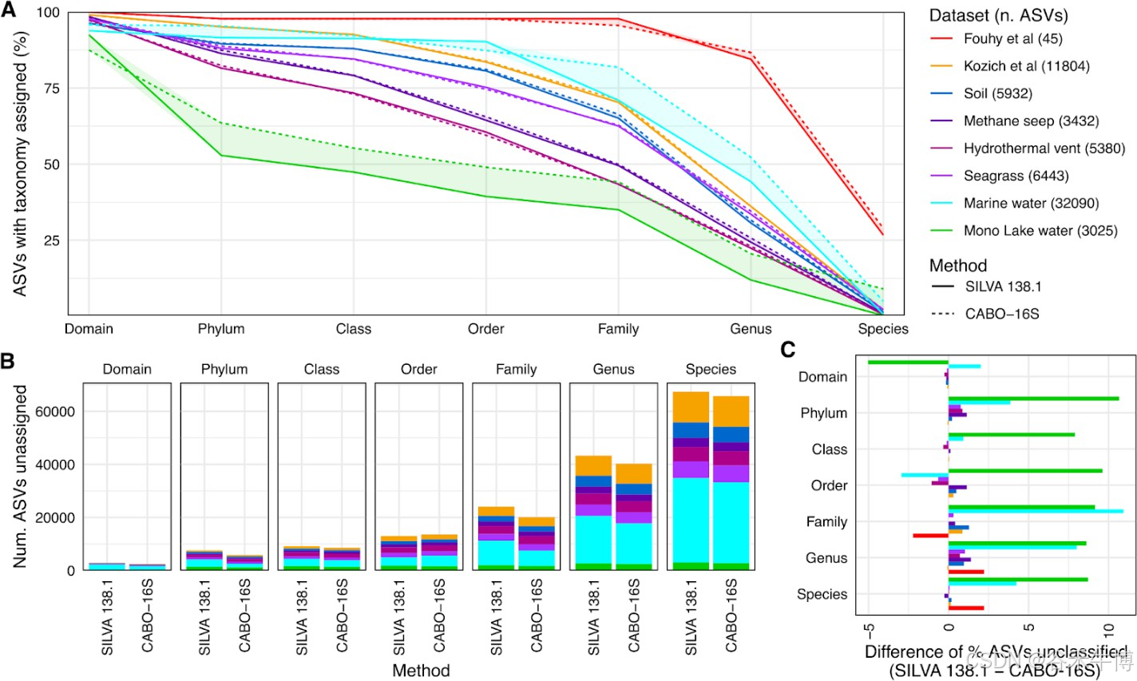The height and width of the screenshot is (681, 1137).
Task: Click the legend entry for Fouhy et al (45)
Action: [x=1012, y=38]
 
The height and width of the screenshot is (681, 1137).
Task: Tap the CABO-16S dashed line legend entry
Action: [x=1002, y=314]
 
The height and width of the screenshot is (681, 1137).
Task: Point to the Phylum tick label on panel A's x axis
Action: [x=221, y=329]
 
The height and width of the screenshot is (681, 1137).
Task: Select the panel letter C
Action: [x=787, y=349]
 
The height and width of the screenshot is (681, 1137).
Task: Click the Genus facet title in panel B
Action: [x=613, y=369]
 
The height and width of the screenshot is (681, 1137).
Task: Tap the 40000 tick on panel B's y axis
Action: [x=54, y=465]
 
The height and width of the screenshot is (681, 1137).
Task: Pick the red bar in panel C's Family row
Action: [x=930, y=536]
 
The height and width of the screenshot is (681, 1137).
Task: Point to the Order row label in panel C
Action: [x=829, y=485]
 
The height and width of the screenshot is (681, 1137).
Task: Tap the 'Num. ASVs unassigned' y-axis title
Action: [x=20, y=476]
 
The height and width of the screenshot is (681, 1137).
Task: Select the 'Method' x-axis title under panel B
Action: [x=421, y=671]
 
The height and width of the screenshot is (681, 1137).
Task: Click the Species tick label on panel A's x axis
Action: [x=882, y=329]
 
